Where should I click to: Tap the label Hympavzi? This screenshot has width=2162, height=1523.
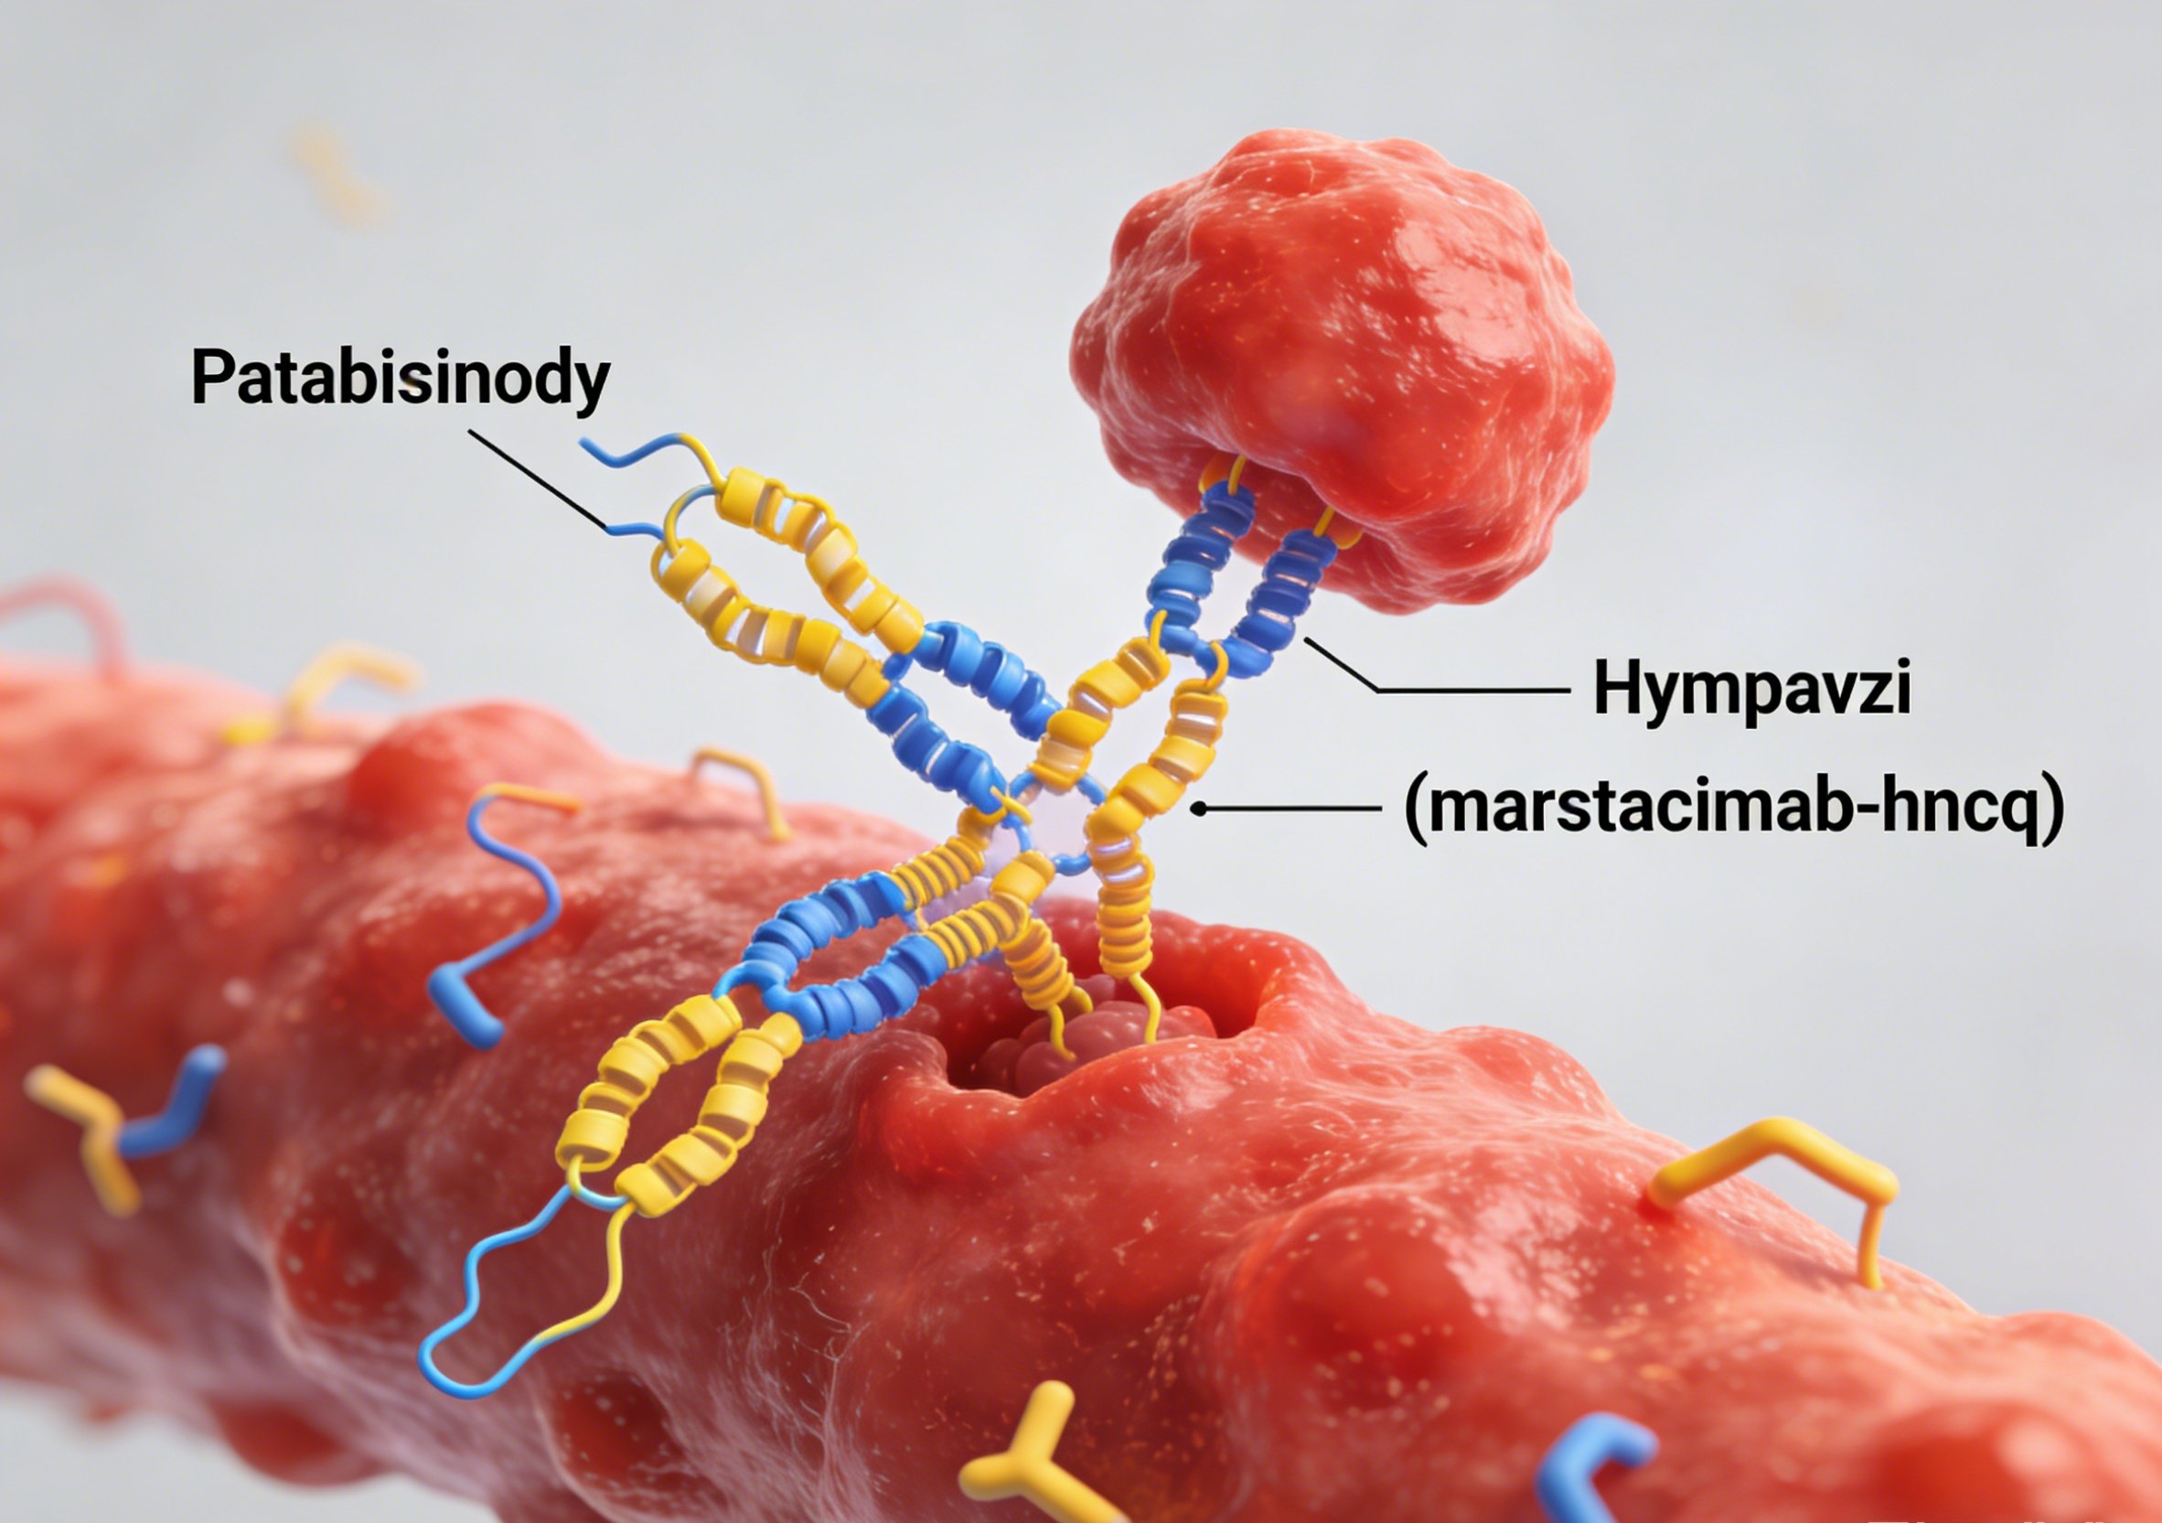pyautogui.click(x=1751, y=691)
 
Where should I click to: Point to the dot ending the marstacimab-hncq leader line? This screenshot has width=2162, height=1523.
pyautogui.click(x=1199, y=808)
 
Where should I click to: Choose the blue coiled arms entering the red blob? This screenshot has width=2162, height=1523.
pyautogui.click(x=1243, y=565)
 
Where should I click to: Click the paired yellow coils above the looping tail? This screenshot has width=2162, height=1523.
pyautogui.click(x=678, y=1102)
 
